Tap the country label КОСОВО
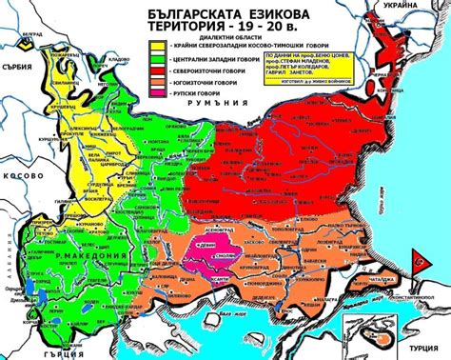tap(20, 177)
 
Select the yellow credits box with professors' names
tap(313, 71)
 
